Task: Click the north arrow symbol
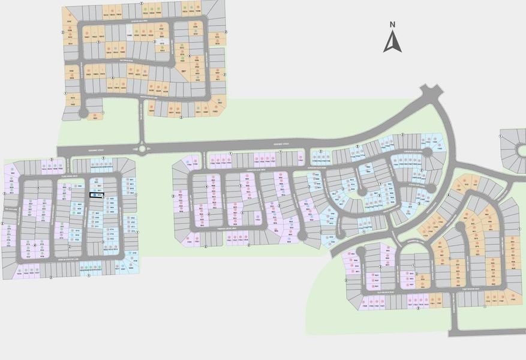[x=392, y=41]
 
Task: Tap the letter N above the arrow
[x=392, y=25]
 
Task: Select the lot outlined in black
[x=97, y=194]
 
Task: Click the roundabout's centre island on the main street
[x=142, y=149]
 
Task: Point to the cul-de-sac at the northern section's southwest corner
[x=83, y=112]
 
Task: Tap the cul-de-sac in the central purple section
[x=302, y=235]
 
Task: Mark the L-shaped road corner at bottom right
[x=455, y=329]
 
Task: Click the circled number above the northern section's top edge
[x=142, y=3]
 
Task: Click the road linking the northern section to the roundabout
[x=142, y=123]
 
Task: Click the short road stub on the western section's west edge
[x=8, y=207]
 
